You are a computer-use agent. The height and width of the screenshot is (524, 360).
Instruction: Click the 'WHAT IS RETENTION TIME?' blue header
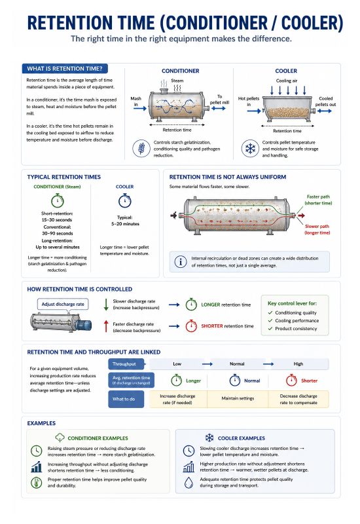(65, 69)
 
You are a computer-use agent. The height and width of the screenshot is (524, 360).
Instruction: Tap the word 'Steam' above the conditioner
(177, 81)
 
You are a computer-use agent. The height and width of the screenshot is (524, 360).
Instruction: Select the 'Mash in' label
(135, 102)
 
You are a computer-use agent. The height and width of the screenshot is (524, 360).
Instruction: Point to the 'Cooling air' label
(287, 81)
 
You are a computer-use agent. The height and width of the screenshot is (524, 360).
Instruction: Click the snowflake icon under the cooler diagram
(250, 149)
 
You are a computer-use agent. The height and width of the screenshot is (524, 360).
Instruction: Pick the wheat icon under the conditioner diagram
(141, 149)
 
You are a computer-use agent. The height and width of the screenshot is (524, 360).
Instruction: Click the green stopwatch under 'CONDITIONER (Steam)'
(58, 200)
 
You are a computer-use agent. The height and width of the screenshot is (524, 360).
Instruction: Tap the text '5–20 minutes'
(125, 224)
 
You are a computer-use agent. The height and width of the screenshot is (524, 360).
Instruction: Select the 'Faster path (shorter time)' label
(318, 200)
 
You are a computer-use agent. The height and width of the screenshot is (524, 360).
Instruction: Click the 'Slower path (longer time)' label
(317, 229)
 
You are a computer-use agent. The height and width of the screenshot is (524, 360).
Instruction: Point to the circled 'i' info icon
(181, 261)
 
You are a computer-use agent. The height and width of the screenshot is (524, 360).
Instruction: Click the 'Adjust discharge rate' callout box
(63, 304)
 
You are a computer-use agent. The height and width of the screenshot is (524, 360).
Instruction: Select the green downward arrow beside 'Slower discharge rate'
(106, 305)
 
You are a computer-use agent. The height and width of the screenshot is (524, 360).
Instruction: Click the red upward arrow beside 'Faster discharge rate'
(106, 326)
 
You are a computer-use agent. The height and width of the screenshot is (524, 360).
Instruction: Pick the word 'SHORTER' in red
(211, 326)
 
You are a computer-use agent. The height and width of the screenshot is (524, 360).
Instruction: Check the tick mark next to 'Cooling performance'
(270, 320)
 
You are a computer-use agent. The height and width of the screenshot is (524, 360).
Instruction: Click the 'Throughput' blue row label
(126, 364)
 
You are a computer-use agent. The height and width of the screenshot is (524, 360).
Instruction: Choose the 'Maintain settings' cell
(238, 398)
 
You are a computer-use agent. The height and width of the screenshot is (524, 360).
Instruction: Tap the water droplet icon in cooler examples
(189, 482)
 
